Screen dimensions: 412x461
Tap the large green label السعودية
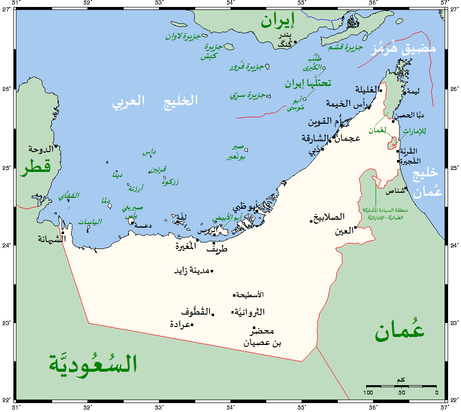pyautogui.click(x=92, y=363)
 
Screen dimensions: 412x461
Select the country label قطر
pyautogui.click(x=35, y=167)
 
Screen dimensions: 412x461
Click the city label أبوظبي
pyautogui.click(x=245, y=207)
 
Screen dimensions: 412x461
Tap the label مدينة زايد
pyautogui.click(x=191, y=271)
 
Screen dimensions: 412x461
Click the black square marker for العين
pyautogui.click(x=356, y=228)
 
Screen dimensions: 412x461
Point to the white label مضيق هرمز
pyautogui.click(x=404, y=48)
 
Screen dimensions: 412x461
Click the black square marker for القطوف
pyautogui.click(x=213, y=314)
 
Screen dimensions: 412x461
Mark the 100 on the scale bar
pyautogui.click(x=368, y=393)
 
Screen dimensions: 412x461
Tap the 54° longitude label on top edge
pyautogui.click(x=231, y=3)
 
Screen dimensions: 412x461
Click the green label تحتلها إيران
pyautogui.click(x=308, y=83)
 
